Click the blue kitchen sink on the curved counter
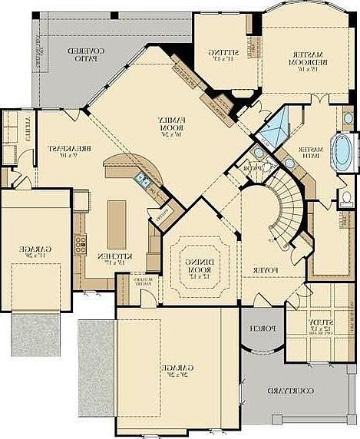pos(142,181)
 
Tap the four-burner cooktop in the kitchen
pos(80,245)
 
